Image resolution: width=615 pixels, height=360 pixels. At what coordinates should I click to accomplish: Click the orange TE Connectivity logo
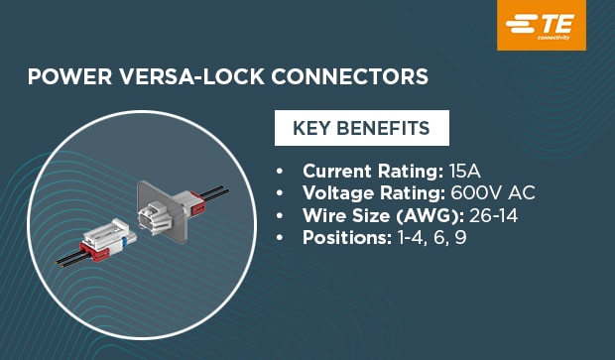tap(542, 25)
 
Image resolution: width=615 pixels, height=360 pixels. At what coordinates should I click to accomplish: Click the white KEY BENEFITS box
tap(361, 129)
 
